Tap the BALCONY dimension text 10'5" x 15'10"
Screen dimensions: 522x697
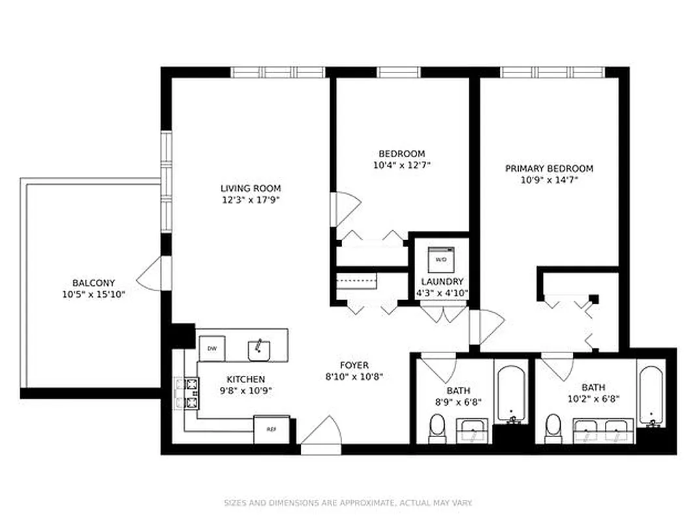click(x=93, y=294)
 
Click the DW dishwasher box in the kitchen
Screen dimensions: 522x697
click(x=212, y=348)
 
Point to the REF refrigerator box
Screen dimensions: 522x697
click(x=271, y=429)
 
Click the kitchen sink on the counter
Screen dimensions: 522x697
click(x=260, y=350)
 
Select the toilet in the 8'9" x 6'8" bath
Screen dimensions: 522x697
click(x=437, y=427)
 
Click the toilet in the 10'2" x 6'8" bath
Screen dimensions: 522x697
click(x=553, y=427)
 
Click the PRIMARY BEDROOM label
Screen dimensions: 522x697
click(x=549, y=168)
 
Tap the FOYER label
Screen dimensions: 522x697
click(x=354, y=365)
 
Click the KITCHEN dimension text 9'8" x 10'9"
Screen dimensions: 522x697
click(x=245, y=391)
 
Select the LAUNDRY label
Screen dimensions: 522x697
click(x=442, y=282)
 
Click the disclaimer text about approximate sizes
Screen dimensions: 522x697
click(x=348, y=503)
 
